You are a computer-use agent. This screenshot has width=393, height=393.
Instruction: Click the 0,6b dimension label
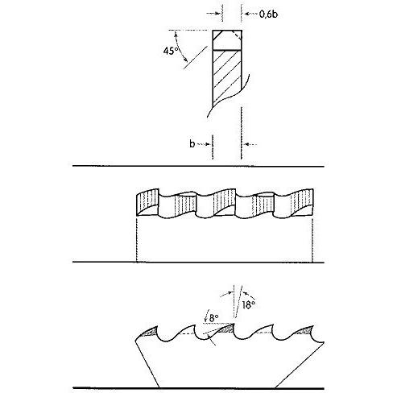(x=268, y=14)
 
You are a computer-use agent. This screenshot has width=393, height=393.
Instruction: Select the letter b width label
(x=192, y=143)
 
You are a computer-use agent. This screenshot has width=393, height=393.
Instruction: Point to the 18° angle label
(x=248, y=305)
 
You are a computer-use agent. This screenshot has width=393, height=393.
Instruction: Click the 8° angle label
(x=213, y=318)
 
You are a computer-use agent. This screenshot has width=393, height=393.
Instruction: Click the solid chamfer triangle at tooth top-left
(x=217, y=34)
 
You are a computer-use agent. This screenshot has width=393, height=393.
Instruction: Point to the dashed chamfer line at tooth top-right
(x=237, y=35)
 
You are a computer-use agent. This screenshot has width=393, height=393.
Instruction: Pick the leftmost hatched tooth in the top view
(x=147, y=202)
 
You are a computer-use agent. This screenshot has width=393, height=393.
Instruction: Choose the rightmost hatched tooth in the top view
(x=302, y=202)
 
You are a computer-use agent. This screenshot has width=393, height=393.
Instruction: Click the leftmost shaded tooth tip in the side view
(x=151, y=332)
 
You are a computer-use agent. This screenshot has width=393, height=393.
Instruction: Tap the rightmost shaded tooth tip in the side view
(x=305, y=331)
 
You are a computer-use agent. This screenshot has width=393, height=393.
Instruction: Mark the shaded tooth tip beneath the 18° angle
(x=226, y=329)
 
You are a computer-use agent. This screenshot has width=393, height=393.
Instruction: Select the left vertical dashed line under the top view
(x=137, y=239)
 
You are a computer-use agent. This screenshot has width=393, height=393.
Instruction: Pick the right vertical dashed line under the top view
(x=312, y=239)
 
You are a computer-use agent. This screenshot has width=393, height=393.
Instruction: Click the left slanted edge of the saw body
(x=147, y=363)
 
